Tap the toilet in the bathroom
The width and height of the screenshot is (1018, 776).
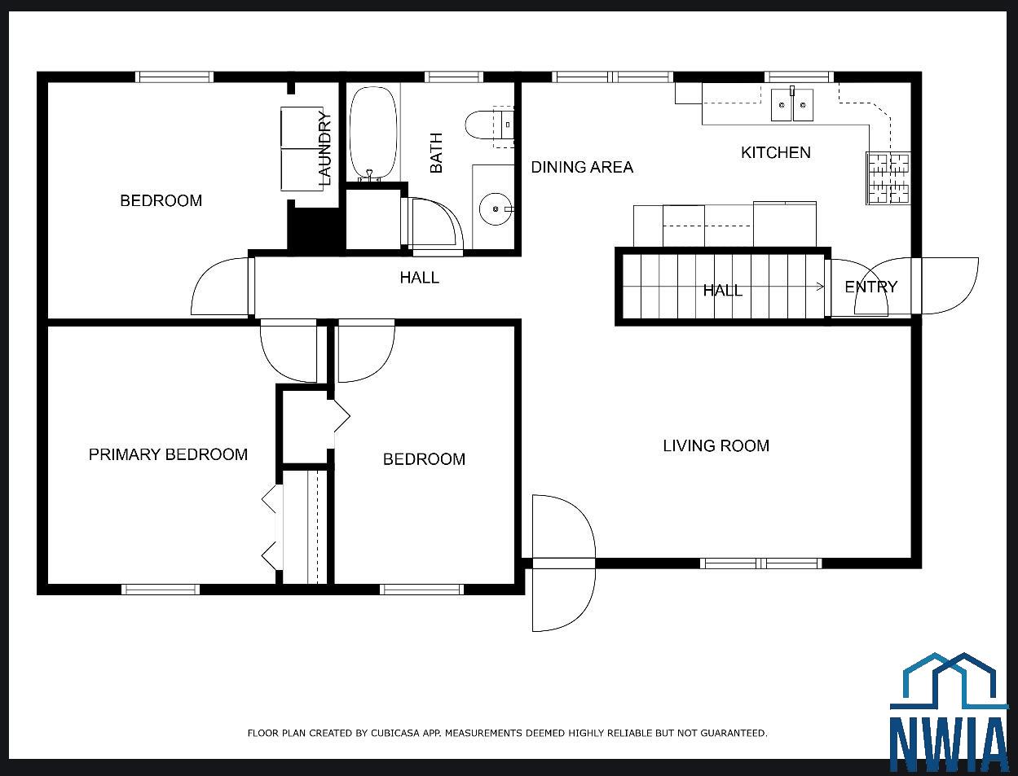pos(489,125)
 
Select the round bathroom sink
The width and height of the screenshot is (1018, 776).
pos(496,209)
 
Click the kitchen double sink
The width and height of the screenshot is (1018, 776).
pos(792,105)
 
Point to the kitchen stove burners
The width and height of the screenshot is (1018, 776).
pos(888,178)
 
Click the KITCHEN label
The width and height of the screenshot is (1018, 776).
pos(775,152)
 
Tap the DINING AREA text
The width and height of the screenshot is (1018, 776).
pos(582,167)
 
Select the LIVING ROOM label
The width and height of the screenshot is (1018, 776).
pos(716,445)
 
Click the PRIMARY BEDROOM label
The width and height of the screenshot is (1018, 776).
pos(168,454)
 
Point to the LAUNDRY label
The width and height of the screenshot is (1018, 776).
pos(324,149)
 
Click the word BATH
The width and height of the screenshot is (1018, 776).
pos(436,153)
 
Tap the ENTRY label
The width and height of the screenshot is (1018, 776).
pos(871,287)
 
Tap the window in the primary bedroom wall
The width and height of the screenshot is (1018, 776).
pos(161,590)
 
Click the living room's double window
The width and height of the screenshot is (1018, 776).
pos(760,563)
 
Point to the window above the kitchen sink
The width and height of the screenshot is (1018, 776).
pos(799,77)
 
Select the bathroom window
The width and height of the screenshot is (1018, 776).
pos(454,77)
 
